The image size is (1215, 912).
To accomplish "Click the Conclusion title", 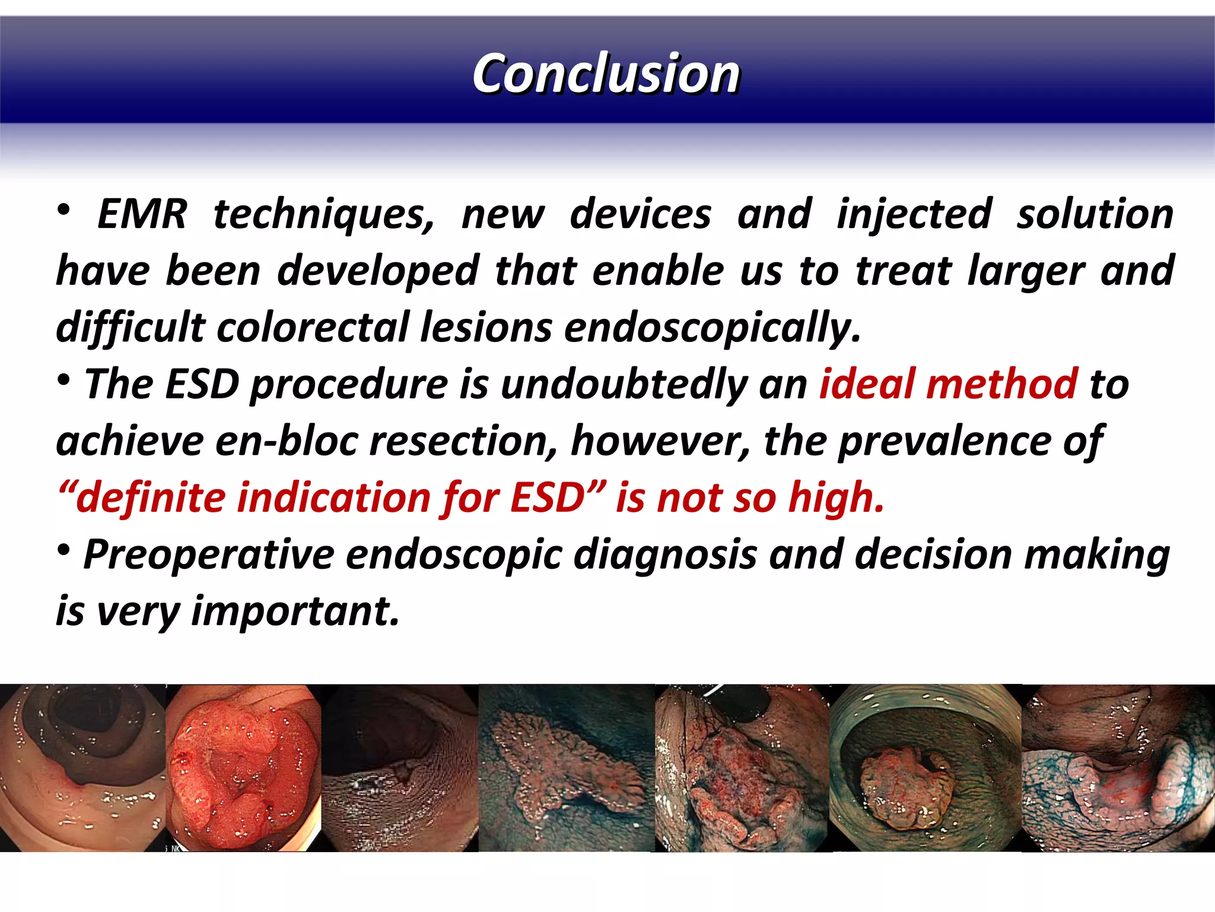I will [x=606, y=74].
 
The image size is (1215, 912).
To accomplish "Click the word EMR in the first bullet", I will [x=142, y=214].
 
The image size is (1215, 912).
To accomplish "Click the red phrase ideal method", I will [x=947, y=384].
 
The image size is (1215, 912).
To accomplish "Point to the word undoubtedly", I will [x=624, y=384].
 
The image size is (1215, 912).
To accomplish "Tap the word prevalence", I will [x=943, y=441].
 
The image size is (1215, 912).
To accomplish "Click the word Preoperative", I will [x=209, y=555].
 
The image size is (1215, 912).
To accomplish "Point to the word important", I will [x=295, y=611].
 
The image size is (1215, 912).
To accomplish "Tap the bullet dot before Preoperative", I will [x=63, y=550].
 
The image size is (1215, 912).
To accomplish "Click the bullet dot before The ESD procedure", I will [x=63, y=380].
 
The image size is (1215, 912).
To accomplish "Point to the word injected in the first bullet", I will [x=914, y=214].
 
